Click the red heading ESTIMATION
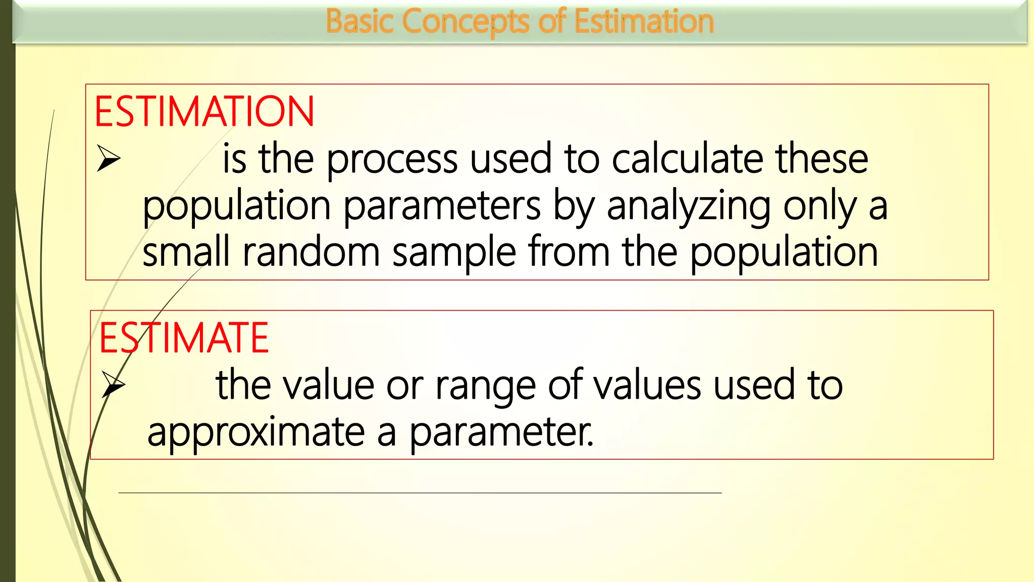pos(204,112)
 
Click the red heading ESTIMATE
pos(184,338)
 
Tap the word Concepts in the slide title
pos(466,22)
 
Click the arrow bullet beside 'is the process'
pos(109,159)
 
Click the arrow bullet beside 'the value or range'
pos(113,384)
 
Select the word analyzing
pos(688,207)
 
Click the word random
pos(311,253)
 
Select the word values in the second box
pos(647,385)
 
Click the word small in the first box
pos(186,252)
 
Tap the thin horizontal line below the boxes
pos(420,493)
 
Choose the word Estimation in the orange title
pos(644,22)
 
